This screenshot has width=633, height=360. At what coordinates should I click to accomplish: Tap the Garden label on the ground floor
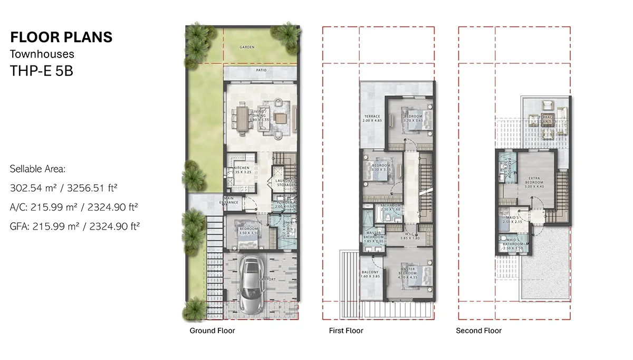coord(247,47)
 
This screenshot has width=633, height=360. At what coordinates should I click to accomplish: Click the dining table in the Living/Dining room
coord(243,119)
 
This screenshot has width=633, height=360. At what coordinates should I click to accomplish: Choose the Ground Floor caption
coord(212,331)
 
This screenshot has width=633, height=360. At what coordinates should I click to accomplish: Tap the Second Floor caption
coord(478,331)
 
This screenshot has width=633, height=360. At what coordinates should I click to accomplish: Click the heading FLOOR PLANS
coord(61,37)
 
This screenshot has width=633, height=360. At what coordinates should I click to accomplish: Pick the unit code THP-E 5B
coord(41,71)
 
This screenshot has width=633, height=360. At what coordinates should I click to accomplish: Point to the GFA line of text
coord(74,226)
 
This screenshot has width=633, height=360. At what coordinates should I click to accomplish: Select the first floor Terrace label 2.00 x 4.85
coord(372,118)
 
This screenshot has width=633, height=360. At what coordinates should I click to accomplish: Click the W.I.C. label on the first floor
coord(409,235)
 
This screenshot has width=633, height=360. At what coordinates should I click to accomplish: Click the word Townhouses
coord(42,54)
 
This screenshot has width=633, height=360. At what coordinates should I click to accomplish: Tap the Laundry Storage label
coord(285,182)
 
